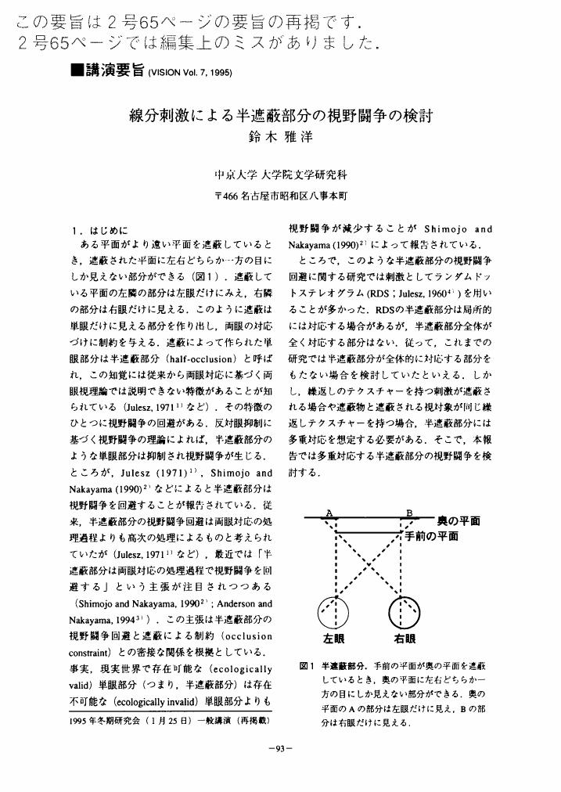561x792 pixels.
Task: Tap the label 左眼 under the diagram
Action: [x=335, y=638]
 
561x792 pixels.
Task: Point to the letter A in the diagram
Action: [x=330, y=513]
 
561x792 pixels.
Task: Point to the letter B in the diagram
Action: [x=408, y=513]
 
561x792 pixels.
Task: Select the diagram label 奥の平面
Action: [x=459, y=520]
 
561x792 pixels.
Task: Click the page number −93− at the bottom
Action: [x=280, y=748]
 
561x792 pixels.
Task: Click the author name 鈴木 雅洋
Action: [x=280, y=135]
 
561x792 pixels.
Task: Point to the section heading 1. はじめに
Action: [x=98, y=230]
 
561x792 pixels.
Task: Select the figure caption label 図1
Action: [x=307, y=667]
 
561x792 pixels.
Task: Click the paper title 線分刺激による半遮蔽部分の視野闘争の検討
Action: [x=280, y=115]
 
